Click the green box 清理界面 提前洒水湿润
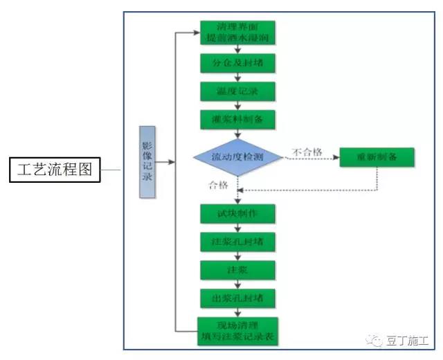[238, 33]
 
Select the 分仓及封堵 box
[238, 63]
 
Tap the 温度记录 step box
[238, 91]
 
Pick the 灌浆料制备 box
[238, 118]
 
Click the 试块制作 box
[238, 213]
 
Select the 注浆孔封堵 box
[238, 242]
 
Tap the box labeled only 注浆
[238, 269]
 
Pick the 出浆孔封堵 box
[238, 298]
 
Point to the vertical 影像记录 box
[147, 162]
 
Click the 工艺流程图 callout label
[55, 169]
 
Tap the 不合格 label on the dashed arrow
[307, 152]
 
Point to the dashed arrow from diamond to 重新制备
[311, 159]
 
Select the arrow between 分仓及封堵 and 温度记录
[238, 77]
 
